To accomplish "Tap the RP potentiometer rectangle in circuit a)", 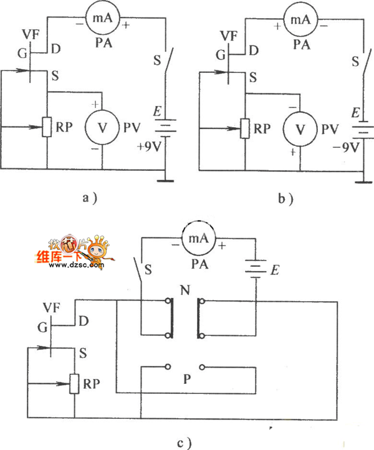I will coord(47,127).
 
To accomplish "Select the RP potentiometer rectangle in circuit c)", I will coord(74,383).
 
